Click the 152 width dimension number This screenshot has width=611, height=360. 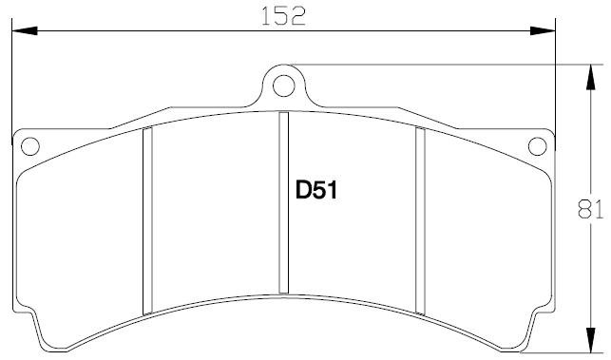[x=283, y=16]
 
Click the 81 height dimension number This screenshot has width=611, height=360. [x=590, y=210]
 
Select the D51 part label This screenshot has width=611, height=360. [x=316, y=190]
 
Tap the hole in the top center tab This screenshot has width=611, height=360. [x=284, y=85]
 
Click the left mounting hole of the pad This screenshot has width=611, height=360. [x=30, y=146]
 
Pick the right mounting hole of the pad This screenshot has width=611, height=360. [x=537, y=146]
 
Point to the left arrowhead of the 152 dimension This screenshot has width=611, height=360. [x=25, y=30]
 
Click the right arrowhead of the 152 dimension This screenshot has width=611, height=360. [x=543, y=30]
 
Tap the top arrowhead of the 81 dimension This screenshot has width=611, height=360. [x=591, y=78]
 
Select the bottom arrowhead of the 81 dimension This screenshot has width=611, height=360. [x=591, y=340]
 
